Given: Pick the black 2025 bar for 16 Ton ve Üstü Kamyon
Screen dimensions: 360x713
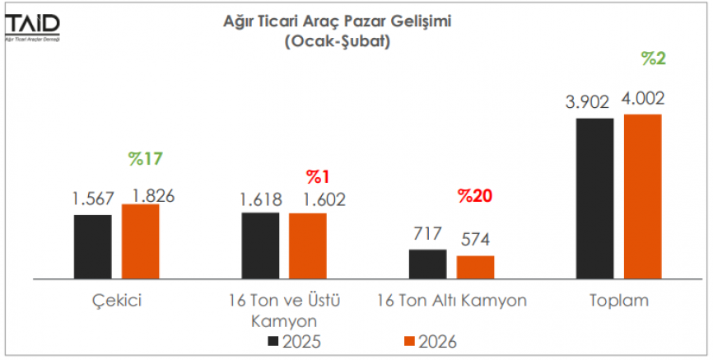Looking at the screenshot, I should pyautogui.click(x=260, y=245).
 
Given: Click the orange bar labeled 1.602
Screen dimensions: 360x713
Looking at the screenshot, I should pyautogui.click(x=308, y=245).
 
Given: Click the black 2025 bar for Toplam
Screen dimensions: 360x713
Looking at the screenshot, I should pyautogui.click(x=595, y=198).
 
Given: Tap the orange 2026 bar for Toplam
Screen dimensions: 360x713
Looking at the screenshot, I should pyautogui.click(x=643, y=196).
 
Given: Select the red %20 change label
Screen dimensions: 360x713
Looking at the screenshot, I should pyautogui.click(x=475, y=196).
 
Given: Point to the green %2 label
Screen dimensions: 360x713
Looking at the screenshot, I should pyautogui.click(x=655, y=58).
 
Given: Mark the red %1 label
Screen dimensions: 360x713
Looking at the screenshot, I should pyautogui.click(x=318, y=176).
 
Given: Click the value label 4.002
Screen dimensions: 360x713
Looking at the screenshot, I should pyautogui.click(x=643, y=99).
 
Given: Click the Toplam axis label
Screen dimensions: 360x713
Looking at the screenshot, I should pyautogui.click(x=618, y=301).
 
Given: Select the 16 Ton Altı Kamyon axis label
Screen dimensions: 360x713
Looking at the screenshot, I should pyautogui.click(x=451, y=301).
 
